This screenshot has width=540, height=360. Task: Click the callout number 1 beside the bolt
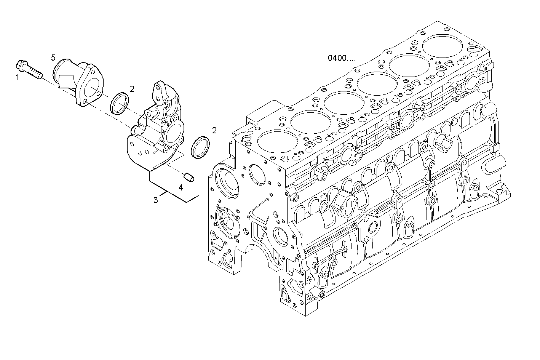tap(17, 78)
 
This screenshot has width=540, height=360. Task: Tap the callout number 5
tap(53, 58)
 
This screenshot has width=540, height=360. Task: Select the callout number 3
tap(156, 200)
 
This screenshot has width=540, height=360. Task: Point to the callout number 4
tap(181, 187)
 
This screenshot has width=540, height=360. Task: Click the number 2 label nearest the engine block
tap(214, 131)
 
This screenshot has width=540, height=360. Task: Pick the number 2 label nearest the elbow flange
tap(132, 89)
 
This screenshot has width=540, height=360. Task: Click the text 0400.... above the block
tap(342, 58)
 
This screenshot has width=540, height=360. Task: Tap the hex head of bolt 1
tap(21, 66)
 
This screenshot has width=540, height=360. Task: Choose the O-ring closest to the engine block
tap(200, 147)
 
